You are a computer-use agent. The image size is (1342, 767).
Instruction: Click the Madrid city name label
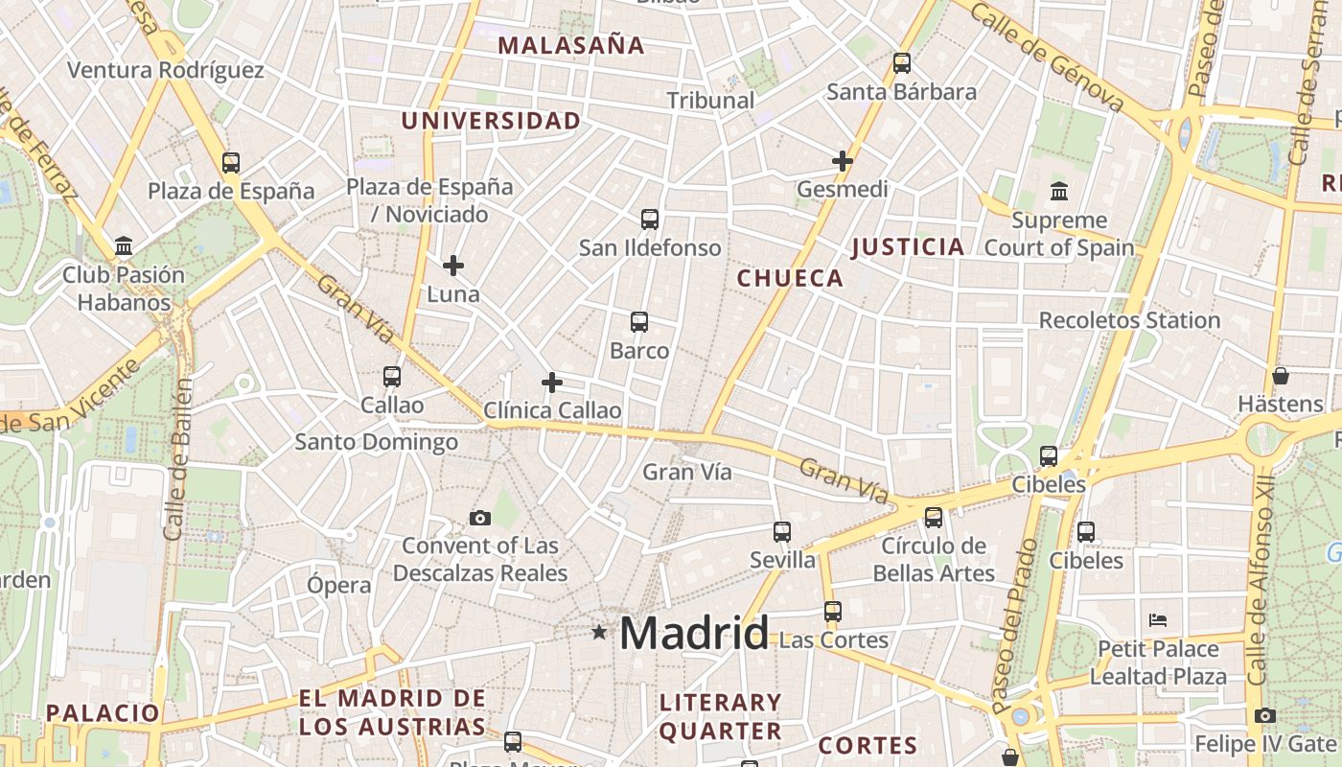[x=693, y=634]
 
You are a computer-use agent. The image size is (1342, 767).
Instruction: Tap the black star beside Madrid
[x=599, y=632]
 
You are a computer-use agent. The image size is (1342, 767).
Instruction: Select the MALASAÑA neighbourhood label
[x=571, y=45]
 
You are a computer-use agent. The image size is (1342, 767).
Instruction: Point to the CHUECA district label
[x=790, y=279]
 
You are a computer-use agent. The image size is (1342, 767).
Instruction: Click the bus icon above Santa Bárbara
[x=901, y=63]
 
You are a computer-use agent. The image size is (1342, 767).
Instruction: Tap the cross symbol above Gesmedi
[x=843, y=161]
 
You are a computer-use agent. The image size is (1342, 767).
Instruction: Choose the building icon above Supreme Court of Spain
[x=1059, y=192]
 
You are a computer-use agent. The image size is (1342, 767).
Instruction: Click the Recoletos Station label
[x=1129, y=320]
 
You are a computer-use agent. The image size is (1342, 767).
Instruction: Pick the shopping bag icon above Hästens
[x=1280, y=376]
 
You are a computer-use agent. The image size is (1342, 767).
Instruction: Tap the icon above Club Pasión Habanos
[x=124, y=246]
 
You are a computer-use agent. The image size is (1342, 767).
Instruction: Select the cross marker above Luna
[x=453, y=266]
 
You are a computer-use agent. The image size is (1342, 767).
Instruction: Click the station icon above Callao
[x=392, y=377]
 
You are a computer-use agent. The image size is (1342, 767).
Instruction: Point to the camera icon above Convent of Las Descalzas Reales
[x=480, y=519]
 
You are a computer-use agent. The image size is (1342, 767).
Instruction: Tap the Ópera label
[x=339, y=585]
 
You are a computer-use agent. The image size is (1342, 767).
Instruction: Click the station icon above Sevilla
[x=782, y=532]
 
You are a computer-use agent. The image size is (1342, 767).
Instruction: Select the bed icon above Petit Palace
[x=1158, y=620]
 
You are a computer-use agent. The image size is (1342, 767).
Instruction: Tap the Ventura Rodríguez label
[x=166, y=70]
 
